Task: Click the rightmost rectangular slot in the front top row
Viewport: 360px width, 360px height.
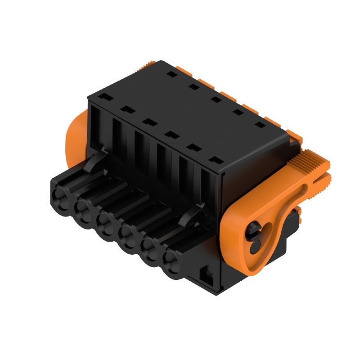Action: (x=216, y=160)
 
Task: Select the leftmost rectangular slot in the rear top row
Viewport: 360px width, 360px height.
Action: (x=171, y=73)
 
